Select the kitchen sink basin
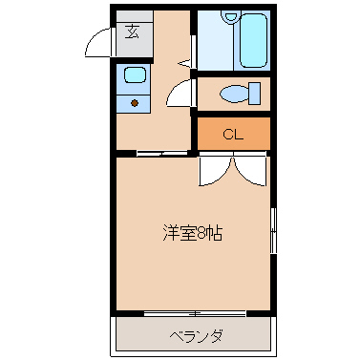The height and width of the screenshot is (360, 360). [x=133, y=75]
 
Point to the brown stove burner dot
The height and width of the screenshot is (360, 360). [x=134, y=102]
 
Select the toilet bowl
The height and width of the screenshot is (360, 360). [x=232, y=94]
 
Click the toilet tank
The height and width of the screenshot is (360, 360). [x=254, y=94]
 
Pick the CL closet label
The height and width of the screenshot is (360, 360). [x=234, y=134]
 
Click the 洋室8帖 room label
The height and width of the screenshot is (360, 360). [x=192, y=232]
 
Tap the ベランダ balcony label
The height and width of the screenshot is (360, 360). [x=196, y=336]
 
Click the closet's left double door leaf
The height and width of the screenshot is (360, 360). [x=214, y=170]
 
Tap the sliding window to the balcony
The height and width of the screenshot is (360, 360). [x=195, y=313]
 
